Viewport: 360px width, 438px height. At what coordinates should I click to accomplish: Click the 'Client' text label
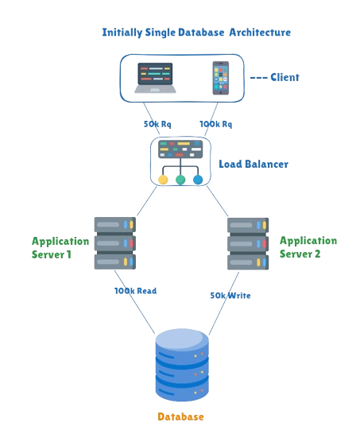(x=280, y=77)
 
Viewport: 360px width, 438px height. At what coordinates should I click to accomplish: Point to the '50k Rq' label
(x=156, y=125)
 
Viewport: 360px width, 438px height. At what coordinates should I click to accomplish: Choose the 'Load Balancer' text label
(x=254, y=165)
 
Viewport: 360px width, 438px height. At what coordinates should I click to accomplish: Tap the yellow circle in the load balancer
(x=163, y=180)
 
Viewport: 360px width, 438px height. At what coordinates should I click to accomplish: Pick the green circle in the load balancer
(x=180, y=180)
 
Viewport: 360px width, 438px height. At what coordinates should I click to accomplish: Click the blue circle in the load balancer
(x=198, y=180)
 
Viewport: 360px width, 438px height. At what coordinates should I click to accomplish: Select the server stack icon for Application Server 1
(x=114, y=242)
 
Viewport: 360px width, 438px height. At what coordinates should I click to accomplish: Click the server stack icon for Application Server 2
(x=243, y=242)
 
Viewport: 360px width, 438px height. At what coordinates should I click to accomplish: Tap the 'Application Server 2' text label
(x=308, y=246)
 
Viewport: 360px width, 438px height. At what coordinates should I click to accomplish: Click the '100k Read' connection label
(x=136, y=291)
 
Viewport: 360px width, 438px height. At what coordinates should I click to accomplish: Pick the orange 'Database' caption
(x=181, y=417)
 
